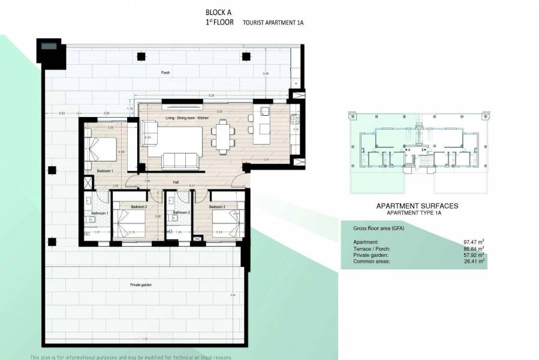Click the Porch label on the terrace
tap(165, 73)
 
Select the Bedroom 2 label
tap(138, 207)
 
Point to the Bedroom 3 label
tap(217, 207)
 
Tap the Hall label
tap(176, 181)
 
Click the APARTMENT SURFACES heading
tap(417, 206)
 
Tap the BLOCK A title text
tap(218, 12)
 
